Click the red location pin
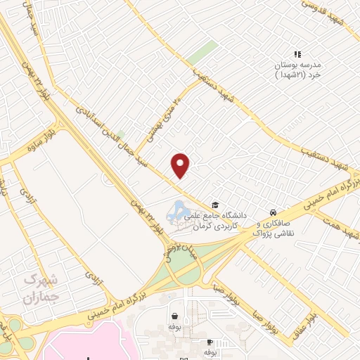(x=181, y=165)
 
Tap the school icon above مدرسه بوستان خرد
(x=297, y=54)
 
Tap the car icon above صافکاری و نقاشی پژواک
(x=272, y=212)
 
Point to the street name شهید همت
(x=340, y=226)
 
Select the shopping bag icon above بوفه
(x=174, y=316)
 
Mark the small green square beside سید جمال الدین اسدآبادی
(x=120, y=134)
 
